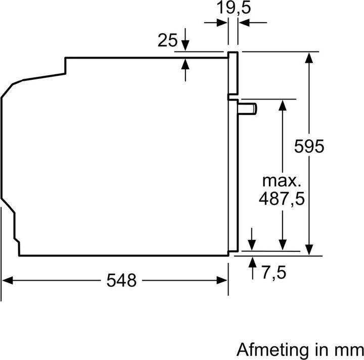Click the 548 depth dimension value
(x=121, y=280)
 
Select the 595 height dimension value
(x=309, y=147)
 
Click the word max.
(x=281, y=181)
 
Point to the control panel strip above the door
(x=232, y=73)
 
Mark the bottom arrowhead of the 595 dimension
(x=308, y=250)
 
